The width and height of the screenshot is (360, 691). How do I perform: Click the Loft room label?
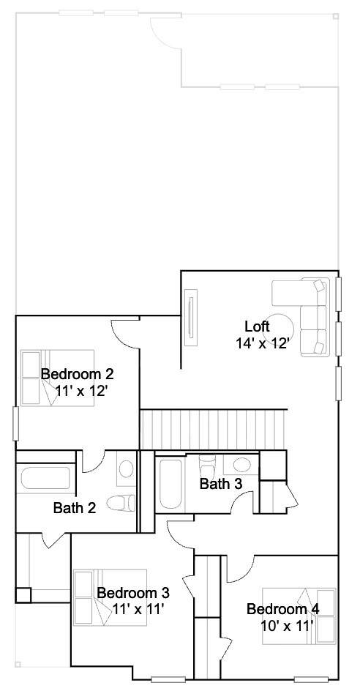pos(257,326)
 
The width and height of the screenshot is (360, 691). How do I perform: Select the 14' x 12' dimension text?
pos(262,343)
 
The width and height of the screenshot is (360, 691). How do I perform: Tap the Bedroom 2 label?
pos(77,374)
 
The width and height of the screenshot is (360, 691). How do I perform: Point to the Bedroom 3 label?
pos(132,592)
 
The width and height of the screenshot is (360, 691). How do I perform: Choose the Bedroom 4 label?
pos(283,609)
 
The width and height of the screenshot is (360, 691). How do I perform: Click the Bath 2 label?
pos(75,508)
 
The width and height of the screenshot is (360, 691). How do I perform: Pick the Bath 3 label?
pos(221,483)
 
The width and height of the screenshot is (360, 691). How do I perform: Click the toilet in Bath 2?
pos(121,502)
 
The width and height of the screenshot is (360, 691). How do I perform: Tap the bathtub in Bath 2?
pos(45,478)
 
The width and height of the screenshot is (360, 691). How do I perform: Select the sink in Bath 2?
pos(126,469)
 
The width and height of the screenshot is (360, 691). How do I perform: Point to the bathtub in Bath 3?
pos(170,484)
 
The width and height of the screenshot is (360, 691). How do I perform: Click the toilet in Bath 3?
pos(206,463)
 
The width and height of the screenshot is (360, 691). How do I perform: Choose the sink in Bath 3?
pos(241,465)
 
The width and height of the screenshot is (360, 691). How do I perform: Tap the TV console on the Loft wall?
pos(191,317)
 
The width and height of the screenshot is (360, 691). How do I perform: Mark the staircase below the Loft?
pos(213,430)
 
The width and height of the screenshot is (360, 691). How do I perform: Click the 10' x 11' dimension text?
pos(287,625)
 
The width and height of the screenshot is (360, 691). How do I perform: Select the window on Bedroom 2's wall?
pos(16,424)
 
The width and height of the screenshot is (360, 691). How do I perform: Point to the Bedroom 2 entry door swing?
pos(124,333)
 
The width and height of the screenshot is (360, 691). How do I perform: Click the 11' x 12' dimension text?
pos(81,390)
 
